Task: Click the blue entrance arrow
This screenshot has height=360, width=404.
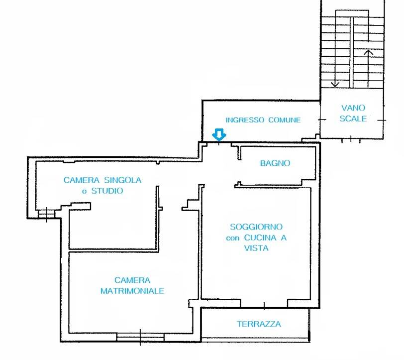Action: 219,134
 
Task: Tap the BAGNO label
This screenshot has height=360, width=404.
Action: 275,163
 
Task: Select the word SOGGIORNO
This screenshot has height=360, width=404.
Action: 256,227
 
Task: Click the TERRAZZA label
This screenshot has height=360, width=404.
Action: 259,324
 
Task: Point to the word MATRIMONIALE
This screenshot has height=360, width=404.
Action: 132,291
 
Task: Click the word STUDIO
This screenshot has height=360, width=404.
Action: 107,191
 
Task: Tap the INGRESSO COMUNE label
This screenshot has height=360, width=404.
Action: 263,120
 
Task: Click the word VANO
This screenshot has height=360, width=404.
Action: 353,108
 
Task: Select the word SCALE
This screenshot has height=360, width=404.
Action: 353,119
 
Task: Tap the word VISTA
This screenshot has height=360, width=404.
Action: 256,248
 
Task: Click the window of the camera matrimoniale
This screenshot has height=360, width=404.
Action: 140,337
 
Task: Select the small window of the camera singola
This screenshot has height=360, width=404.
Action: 47,214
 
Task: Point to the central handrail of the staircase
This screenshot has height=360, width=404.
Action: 352,53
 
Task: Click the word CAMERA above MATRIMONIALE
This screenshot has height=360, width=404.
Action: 132,280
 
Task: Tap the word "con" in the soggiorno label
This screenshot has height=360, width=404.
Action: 233,238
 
